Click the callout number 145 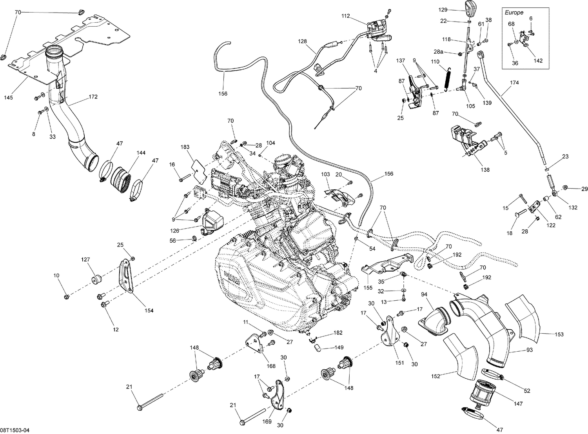point(8,97)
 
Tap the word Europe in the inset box point(514,13)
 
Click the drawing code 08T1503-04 point(15,430)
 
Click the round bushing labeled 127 point(96,280)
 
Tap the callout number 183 point(185,147)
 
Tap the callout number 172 point(93,96)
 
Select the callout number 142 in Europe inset point(538,60)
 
